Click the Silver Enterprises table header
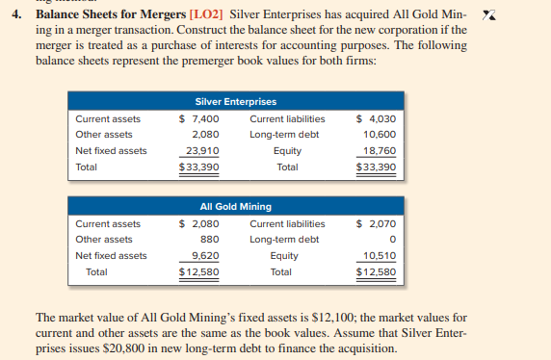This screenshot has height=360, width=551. (x=235, y=102)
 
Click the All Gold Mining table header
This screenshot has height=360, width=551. (x=235, y=206)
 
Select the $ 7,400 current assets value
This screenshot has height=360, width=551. (x=199, y=118)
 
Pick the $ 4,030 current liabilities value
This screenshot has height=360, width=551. (x=376, y=118)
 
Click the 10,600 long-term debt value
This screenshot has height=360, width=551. (x=379, y=135)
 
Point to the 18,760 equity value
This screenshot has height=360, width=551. (x=379, y=150)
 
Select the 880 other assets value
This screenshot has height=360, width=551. (x=208, y=240)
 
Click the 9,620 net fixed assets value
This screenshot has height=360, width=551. (x=203, y=255)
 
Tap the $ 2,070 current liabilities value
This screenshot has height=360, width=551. (x=376, y=223)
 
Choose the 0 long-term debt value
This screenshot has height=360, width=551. (x=392, y=240)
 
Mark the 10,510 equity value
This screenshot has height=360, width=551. (x=379, y=255)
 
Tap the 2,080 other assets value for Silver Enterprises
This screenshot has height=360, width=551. (x=203, y=135)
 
